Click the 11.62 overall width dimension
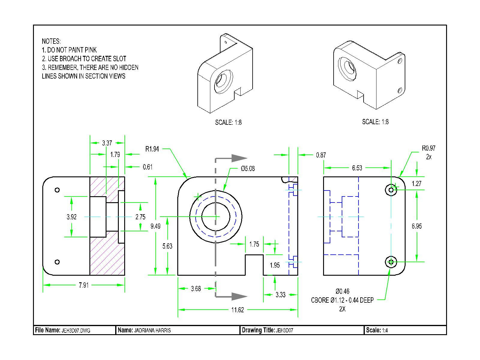[237, 310]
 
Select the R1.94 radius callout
[152, 149]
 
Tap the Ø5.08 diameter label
[248, 169]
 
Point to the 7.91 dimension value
[84, 285]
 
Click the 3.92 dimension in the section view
[71, 217]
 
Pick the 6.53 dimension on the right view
[357, 168]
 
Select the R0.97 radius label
[428, 148]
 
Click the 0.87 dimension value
[321, 155]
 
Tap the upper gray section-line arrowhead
[239, 158]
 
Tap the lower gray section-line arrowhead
[239, 296]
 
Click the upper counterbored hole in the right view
[391, 190]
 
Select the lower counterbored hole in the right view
[391, 262]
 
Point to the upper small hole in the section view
[57, 190]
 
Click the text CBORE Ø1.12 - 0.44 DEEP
[342, 300]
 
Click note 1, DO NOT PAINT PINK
[69, 50]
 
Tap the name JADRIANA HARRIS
[152, 331]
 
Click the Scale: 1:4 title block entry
[377, 331]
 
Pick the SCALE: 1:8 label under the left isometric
[228, 122]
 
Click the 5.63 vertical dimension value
[167, 246]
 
